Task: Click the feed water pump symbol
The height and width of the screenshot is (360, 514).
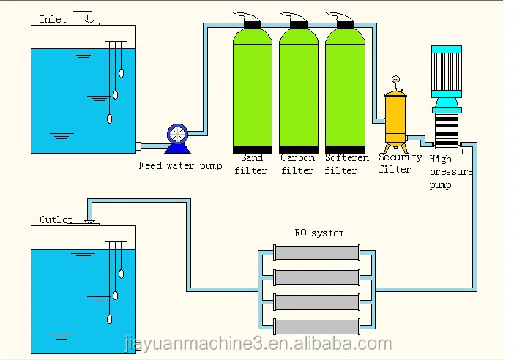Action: pos(176,135)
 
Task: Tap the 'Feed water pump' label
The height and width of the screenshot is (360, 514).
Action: pos(180,165)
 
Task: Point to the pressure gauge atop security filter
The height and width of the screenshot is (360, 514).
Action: pos(395,80)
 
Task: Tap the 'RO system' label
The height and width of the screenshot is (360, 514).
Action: pos(319,233)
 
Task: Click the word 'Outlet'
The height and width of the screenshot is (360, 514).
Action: pos(56,220)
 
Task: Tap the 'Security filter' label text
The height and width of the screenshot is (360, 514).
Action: pos(400,163)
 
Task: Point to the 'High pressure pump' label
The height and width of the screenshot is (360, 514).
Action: pos(450,172)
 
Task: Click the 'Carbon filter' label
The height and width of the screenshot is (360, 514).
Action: pos(297,164)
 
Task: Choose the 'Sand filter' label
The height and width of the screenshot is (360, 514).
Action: pos(252,164)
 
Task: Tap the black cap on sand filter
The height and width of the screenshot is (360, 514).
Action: pos(252,25)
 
